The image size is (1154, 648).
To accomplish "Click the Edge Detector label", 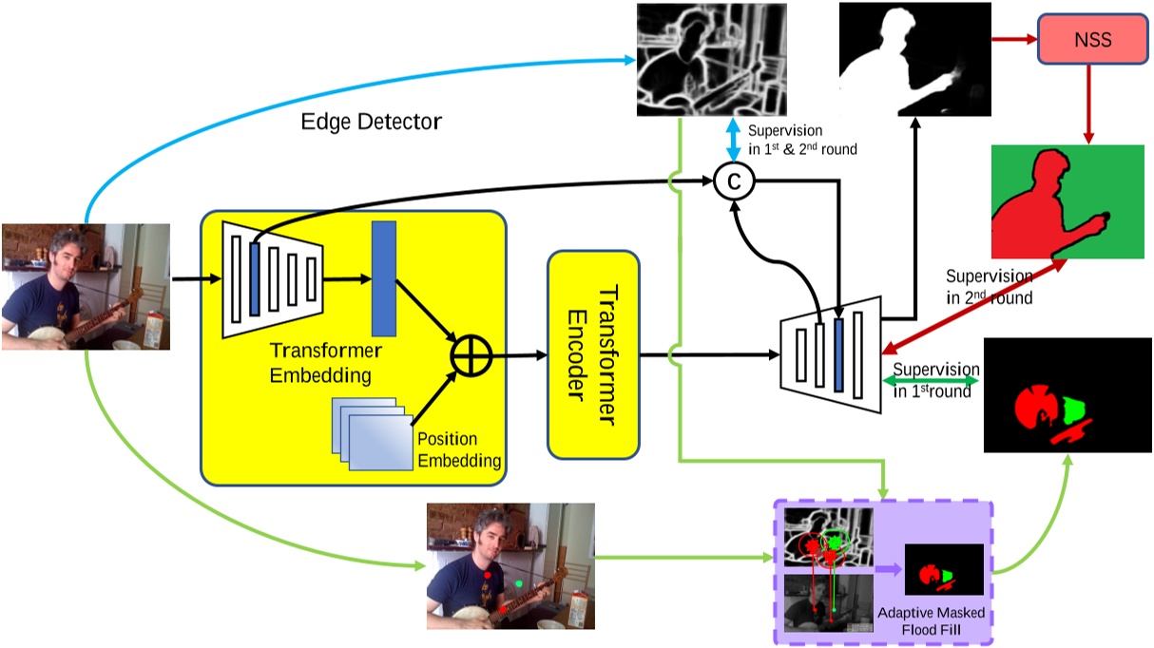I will [x=372, y=122].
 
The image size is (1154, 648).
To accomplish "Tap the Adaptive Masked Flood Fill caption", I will [x=931, y=620].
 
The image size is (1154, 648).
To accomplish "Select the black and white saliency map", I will [x=914, y=59].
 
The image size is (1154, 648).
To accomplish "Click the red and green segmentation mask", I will [x=1067, y=200].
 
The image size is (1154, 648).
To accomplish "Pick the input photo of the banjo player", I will [x=86, y=286].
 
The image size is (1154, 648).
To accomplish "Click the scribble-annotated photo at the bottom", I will [x=510, y=565].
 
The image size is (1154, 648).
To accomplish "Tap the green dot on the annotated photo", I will [x=519, y=582].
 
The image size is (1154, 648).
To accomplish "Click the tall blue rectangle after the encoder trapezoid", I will [x=384, y=277].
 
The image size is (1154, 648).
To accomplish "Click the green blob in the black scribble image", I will [x=1074, y=410].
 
